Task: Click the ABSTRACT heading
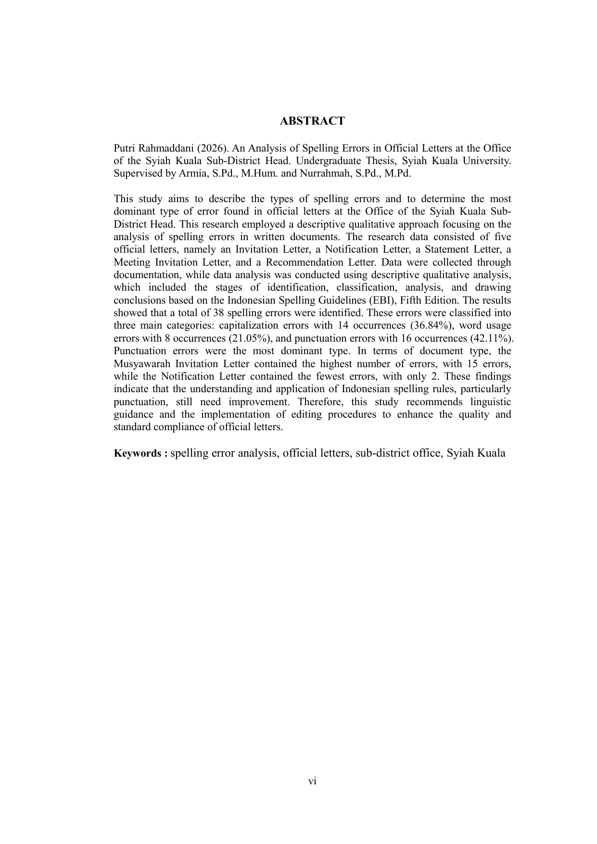tap(312, 121)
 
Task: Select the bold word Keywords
tap(137, 453)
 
